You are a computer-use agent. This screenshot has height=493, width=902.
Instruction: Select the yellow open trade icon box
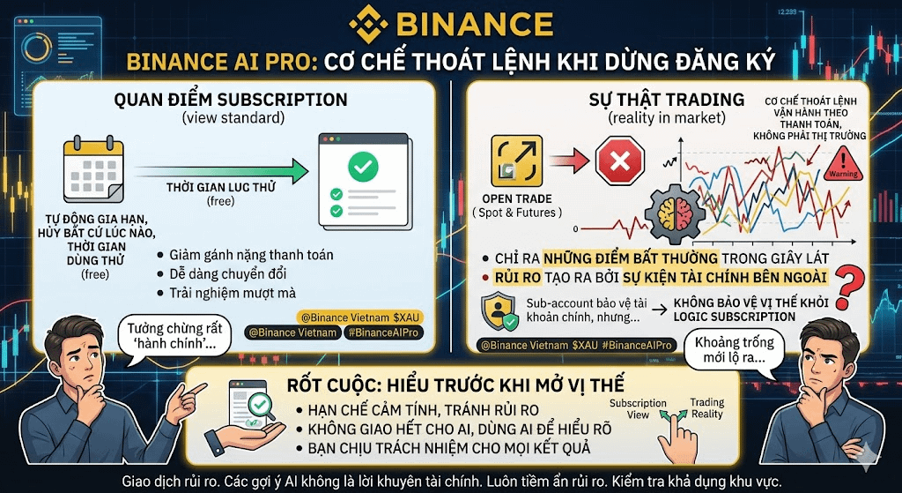coord(516,161)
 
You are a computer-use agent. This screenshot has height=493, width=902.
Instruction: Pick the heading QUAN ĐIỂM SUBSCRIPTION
coord(231,99)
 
